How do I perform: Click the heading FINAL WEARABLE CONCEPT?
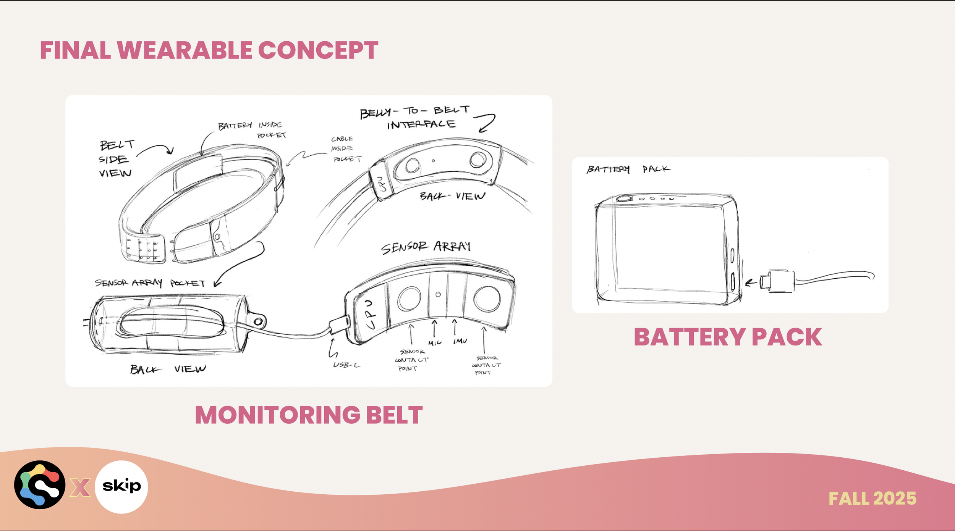(209, 50)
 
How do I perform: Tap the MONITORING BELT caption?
(309, 415)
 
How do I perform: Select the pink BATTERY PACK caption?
(728, 337)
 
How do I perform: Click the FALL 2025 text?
(872, 499)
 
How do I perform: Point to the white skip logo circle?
(121, 487)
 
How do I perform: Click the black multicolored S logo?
(40, 484)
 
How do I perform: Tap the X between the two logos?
(80, 487)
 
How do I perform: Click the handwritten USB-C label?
(346, 365)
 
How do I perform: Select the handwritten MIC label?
(435, 343)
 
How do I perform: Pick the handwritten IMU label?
(460, 341)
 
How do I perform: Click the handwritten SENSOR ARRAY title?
(426, 247)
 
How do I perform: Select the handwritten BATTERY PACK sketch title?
(628, 169)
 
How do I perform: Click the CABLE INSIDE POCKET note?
(345, 149)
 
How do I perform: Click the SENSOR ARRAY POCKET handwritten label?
(150, 283)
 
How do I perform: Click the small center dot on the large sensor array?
(438, 294)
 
